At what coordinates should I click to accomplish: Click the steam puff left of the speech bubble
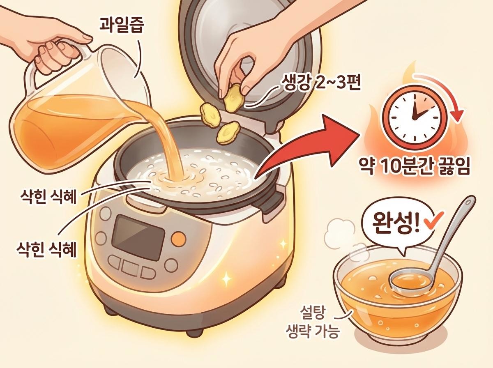click(337, 232)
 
